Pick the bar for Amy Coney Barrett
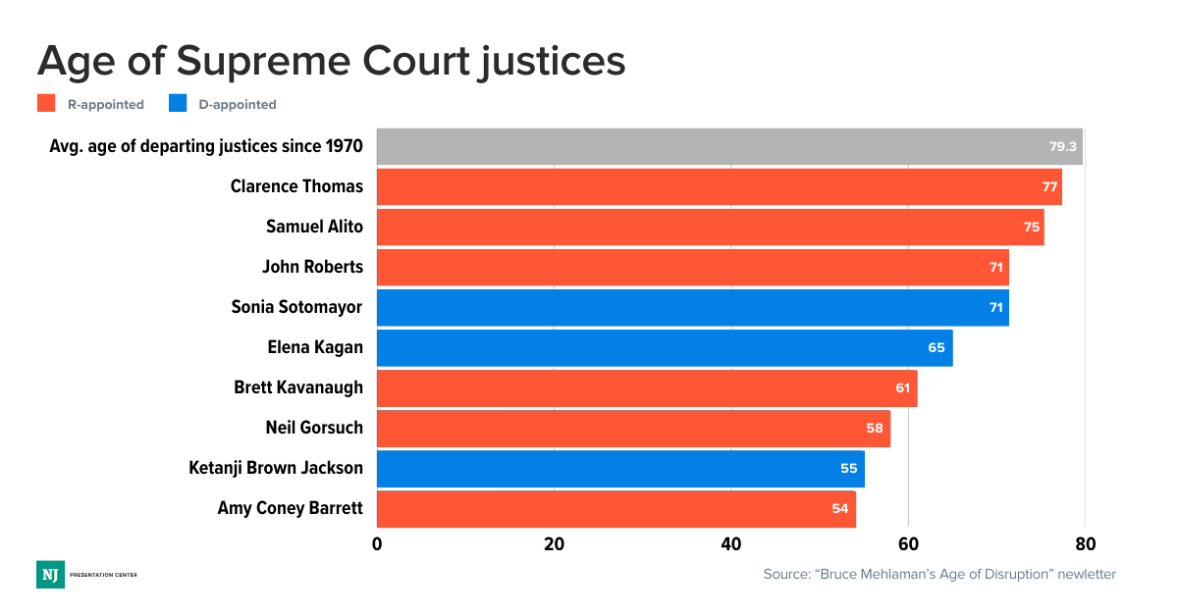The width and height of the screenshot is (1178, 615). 616,508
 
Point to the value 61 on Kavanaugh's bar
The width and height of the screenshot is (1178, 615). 903,387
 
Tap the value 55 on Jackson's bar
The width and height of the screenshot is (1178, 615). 849,468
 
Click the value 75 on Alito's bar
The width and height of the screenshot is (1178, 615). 1032,227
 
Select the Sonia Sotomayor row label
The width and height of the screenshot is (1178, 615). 296,307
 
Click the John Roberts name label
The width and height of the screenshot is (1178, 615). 312,267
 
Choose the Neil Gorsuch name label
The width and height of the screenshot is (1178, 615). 314,428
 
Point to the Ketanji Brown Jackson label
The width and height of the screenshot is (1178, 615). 276,468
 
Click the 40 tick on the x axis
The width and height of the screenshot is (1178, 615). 730,544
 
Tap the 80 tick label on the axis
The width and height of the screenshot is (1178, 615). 1085,544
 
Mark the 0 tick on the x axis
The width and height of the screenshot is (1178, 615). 377,544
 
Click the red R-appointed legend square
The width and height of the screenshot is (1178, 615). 46,103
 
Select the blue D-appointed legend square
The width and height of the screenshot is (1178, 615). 178,103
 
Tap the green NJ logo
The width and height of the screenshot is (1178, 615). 50,575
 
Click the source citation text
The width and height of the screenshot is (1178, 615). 939,574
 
